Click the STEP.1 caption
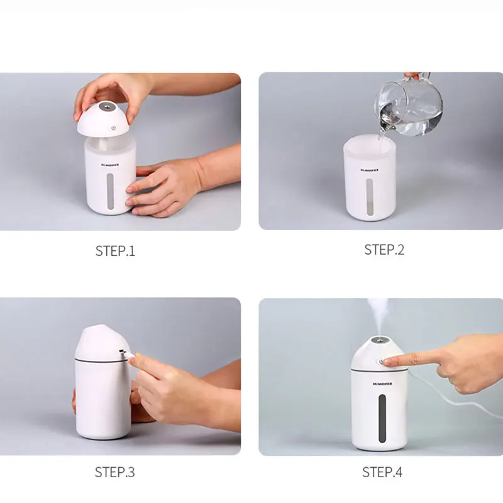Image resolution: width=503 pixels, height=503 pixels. [x=115, y=251]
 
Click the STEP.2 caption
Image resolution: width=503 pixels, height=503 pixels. [x=384, y=250]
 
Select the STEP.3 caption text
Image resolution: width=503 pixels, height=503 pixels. [x=115, y=472]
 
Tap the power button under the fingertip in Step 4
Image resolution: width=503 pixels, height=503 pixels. [x=379, y=362]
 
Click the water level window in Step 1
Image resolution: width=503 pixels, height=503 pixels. [x=111, y=191]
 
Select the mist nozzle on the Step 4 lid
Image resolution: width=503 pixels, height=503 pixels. [x=379, y=341]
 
